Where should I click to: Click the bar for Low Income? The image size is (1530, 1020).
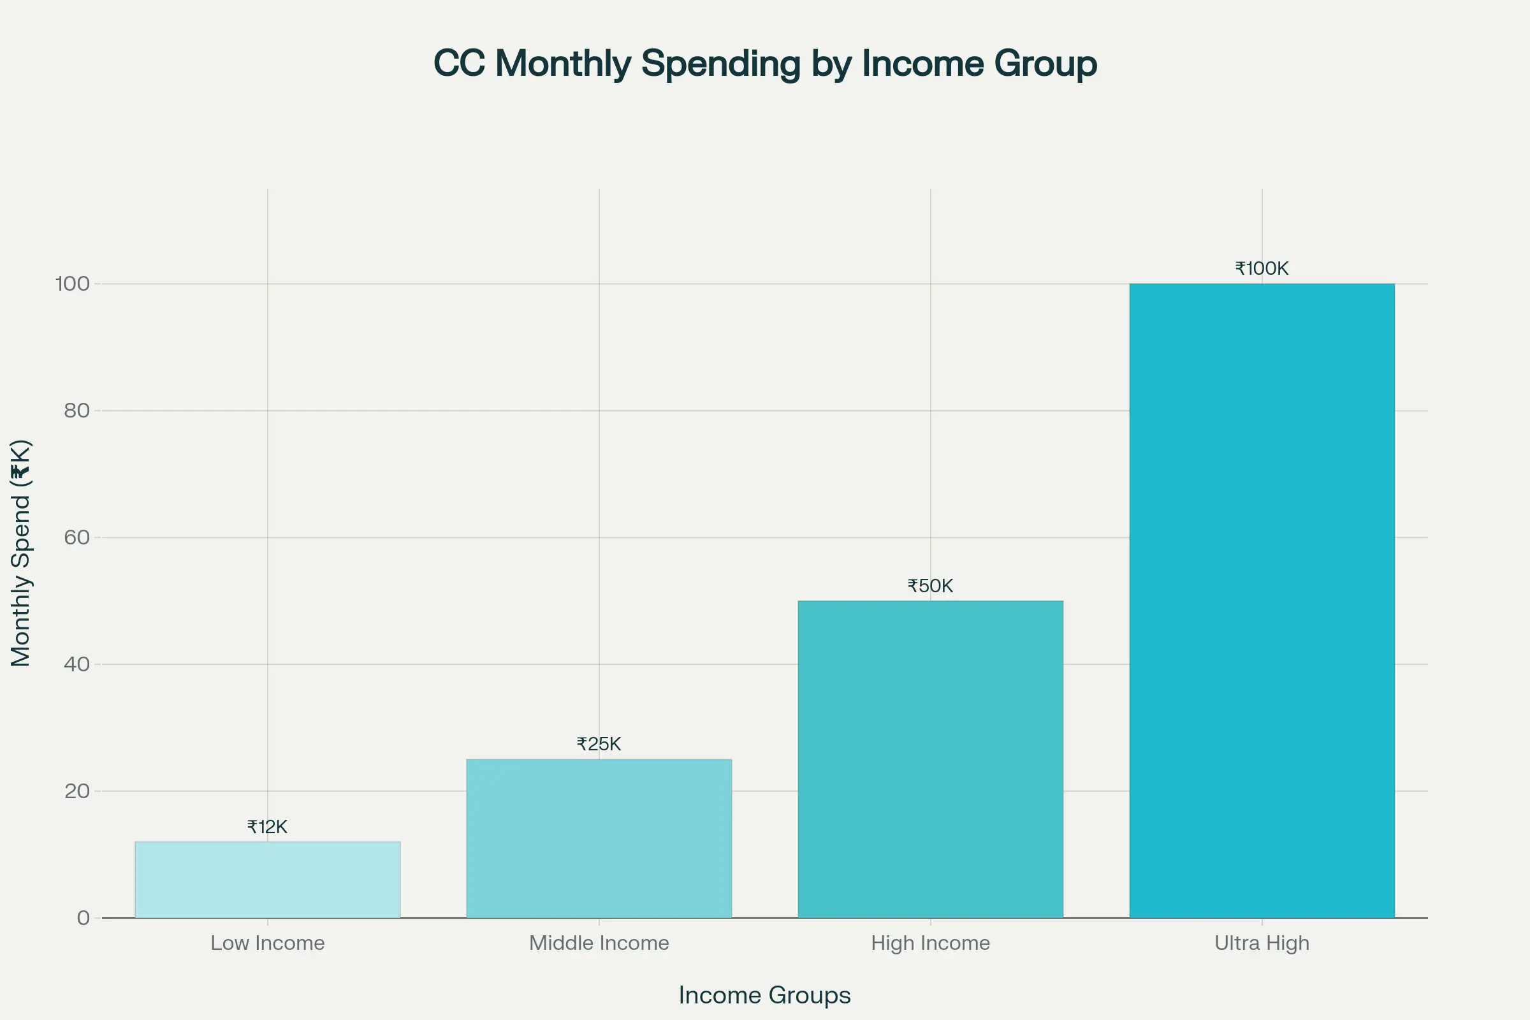[267, 880]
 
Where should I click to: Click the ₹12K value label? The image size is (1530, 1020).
[267, 827]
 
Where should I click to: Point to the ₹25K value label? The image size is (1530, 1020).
[599, 744]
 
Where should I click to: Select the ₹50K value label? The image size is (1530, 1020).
[930, 586]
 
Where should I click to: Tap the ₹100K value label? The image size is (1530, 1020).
[1262, 268]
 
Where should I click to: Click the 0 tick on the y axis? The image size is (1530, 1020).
[84, 918]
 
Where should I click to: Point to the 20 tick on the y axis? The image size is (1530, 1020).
[76, 791]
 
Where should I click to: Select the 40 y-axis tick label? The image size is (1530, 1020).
[76, 664]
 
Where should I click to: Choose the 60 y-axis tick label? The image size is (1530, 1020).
[76, 537]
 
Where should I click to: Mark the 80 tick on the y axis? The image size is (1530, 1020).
[76, 411]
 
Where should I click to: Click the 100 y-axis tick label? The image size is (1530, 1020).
[72, 284]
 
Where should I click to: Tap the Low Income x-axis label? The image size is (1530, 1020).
[267, 943]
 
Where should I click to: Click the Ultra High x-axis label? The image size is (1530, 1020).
[1262, 943]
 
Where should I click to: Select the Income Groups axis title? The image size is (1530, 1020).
[764, 995]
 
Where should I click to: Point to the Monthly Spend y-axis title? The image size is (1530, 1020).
[21, 553]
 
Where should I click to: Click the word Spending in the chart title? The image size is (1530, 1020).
[721, 64]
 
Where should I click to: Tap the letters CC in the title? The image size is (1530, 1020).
[459, 64]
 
